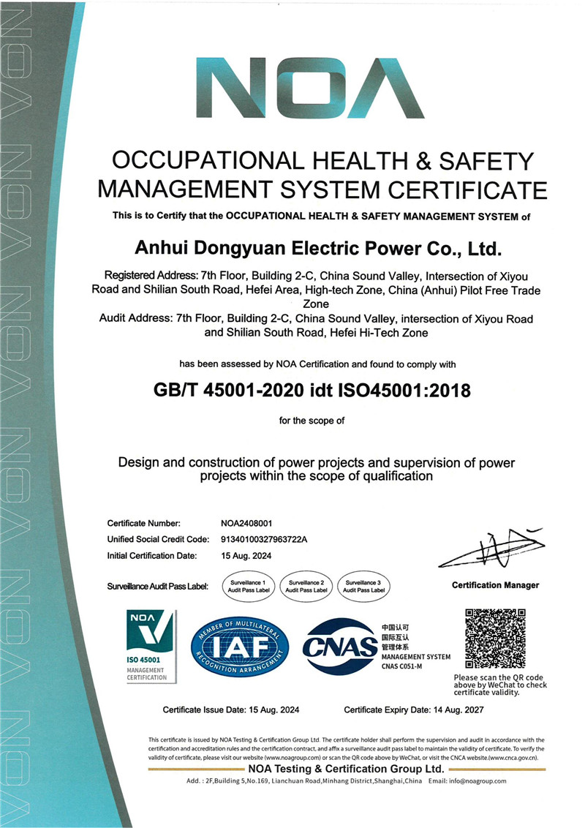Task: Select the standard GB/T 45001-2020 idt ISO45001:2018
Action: point(312,391)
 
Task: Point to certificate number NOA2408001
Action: point(246,523)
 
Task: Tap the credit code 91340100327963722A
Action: point(265,539)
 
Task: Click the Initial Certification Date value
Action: point(246,555)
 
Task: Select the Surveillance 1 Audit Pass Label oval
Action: point(248,585)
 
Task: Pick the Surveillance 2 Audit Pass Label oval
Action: point(306,585)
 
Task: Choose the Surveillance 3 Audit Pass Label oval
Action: point(363,585)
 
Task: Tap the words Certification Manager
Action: point(495,585)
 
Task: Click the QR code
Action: point(495,638)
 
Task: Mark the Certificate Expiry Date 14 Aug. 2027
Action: point(414,710)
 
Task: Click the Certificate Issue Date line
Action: point(231,710)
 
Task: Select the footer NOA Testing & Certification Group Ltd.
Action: point(346,769)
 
